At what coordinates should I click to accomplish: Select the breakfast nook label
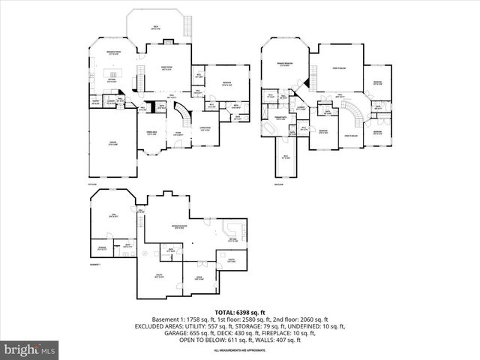click(115, 52)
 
